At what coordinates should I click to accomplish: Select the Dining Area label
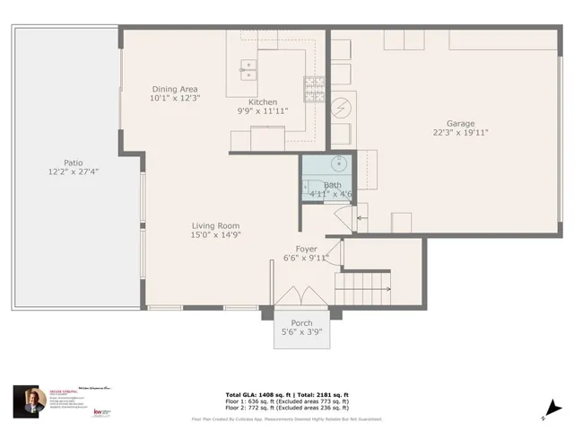[x=175, y=88]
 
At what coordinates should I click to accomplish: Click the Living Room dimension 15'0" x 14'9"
[x=215, y=235]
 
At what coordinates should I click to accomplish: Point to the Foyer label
[x=307, y=249]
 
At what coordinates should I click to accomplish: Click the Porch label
[x=301, y=322]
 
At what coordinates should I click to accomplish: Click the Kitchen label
[x=257, y=102]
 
